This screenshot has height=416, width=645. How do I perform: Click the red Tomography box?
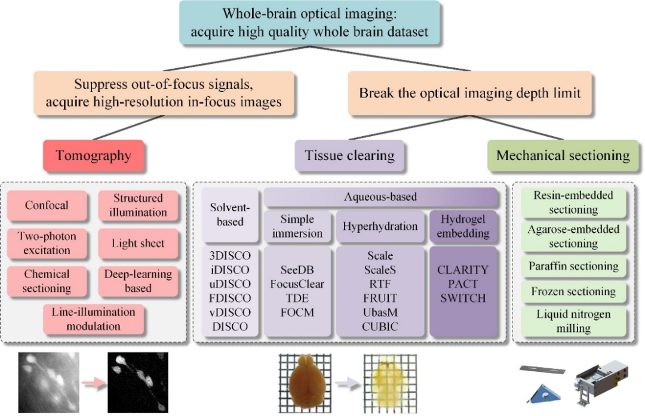pos(93,156)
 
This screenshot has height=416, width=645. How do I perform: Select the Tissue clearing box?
pos(349,156)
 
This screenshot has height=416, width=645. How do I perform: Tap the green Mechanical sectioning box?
pos(563,156)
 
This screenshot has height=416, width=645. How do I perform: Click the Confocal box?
pos(47,205)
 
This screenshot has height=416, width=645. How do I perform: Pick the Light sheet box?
pos(138,243)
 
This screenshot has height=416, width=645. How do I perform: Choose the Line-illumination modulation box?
pos(94,319)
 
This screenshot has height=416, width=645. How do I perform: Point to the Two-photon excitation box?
pos(47,243)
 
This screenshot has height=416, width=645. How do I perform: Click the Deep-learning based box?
pos(138,281)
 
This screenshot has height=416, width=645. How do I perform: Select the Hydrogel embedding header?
pos(463,226)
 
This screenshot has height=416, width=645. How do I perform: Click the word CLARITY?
pos(463,270)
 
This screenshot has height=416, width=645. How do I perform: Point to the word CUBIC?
pos(379,326)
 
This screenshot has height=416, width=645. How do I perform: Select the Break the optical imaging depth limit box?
pos(469,94)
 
